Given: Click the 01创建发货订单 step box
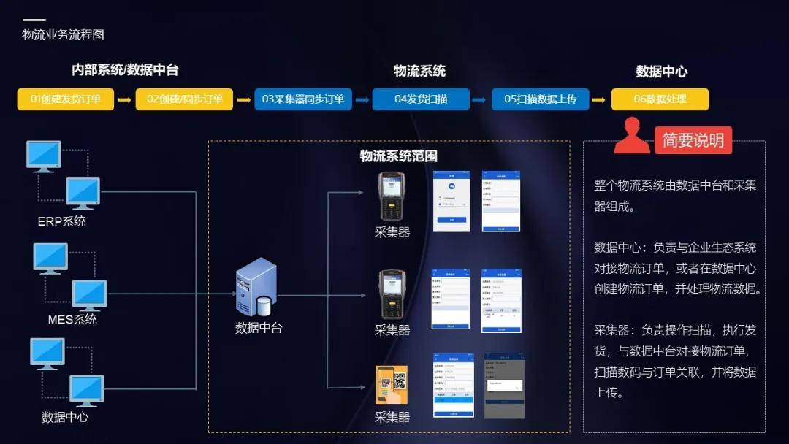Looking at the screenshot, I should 66,99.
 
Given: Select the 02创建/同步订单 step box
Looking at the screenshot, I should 184,99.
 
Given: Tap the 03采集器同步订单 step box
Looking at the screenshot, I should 303,99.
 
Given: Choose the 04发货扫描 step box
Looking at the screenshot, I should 421,99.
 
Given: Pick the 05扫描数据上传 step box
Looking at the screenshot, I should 540,99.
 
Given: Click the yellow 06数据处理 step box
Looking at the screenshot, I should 660,99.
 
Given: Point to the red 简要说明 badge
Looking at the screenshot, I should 693,140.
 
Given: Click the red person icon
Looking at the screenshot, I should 631,137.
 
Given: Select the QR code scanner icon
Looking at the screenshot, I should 392,385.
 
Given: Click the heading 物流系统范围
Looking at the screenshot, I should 399,156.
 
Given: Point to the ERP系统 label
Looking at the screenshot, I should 62,221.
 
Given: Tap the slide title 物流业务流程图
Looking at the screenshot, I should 64,34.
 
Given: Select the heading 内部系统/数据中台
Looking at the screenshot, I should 125,70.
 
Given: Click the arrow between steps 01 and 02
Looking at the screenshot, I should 124,99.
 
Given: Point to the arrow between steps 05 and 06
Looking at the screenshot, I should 599,99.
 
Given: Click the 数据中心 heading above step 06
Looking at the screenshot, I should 661,72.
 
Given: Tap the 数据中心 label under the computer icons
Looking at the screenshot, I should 65,417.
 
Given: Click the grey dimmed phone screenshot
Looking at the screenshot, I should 505,386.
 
